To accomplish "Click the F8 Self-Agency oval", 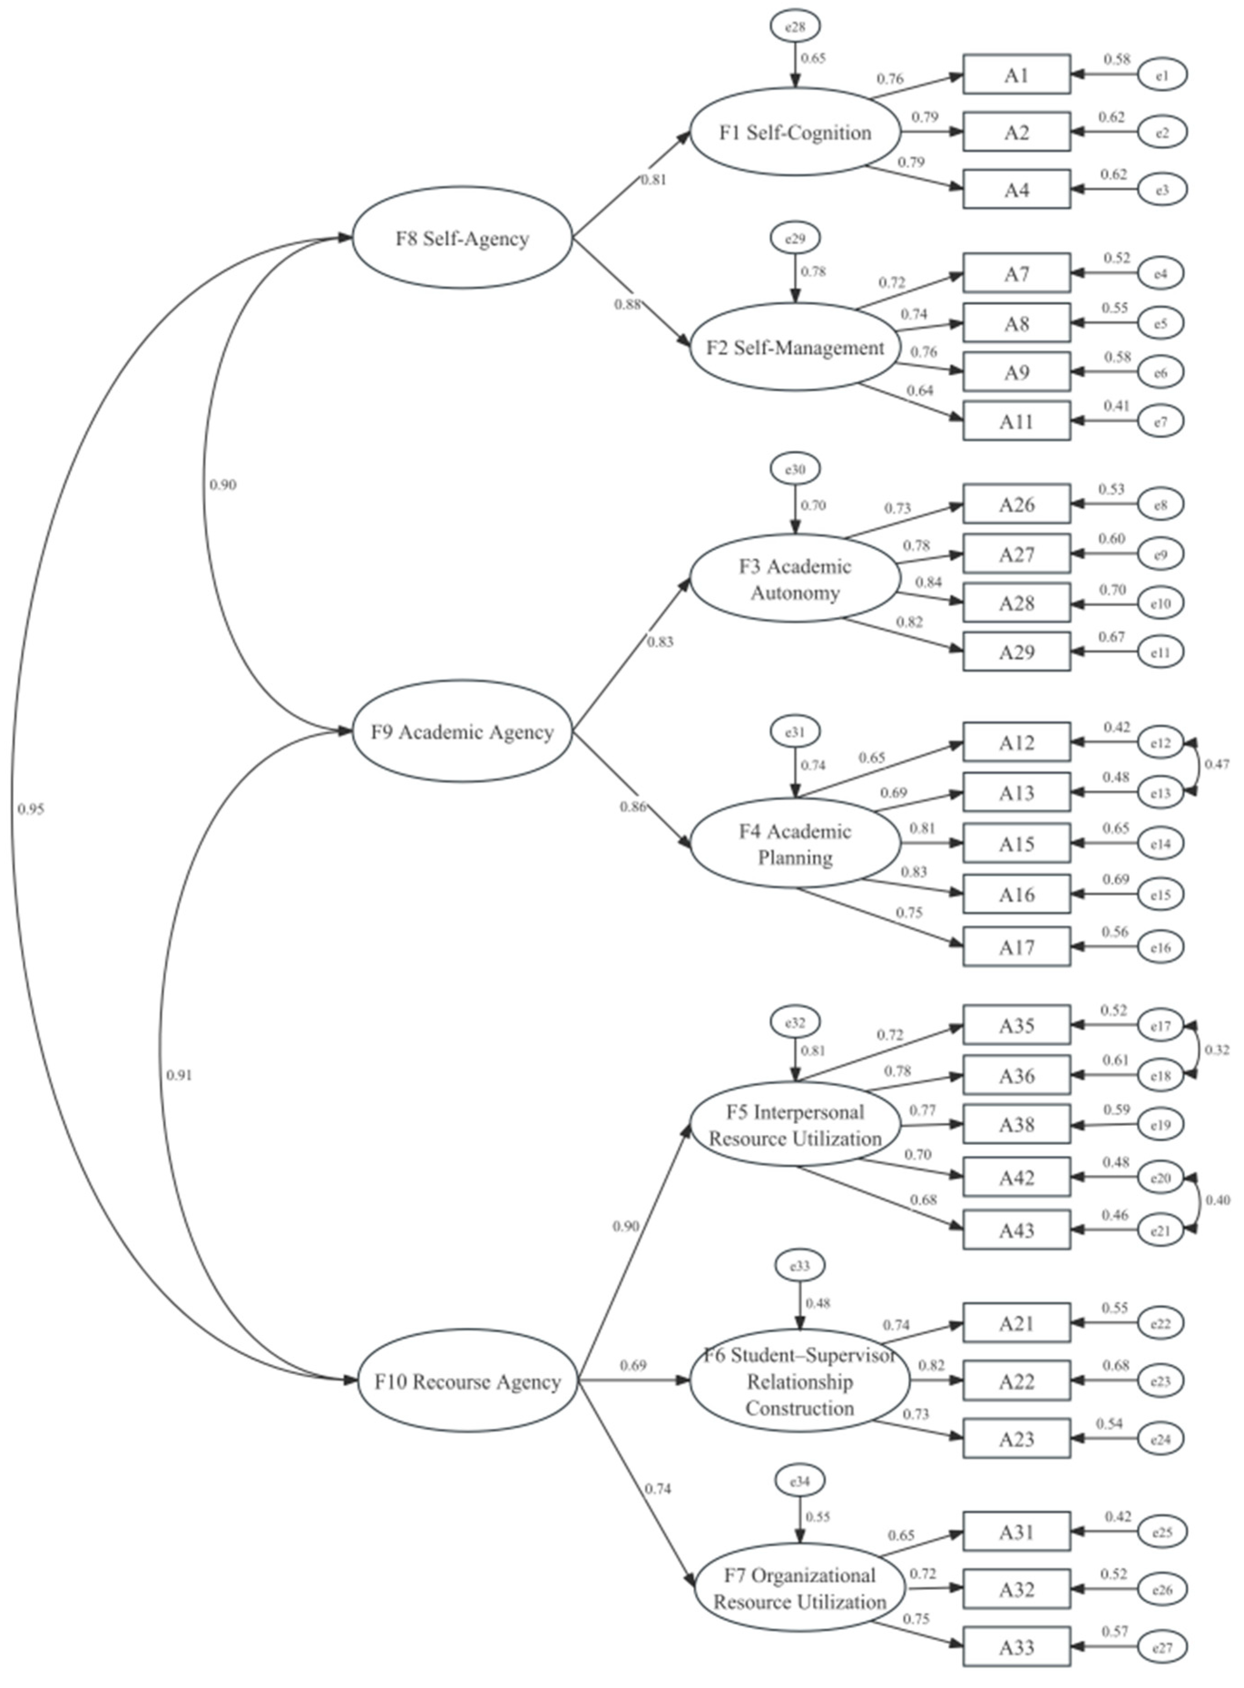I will point(462,238).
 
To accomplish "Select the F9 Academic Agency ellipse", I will point(462,731).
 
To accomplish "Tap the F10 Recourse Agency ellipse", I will point(467,1381).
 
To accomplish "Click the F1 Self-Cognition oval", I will point(795,132).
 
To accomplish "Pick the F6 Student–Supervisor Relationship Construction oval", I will point(800,1381).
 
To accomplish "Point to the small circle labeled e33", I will point(800,1266).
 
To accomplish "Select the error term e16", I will point(1161,947).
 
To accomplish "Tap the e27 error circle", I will point(1162,1647).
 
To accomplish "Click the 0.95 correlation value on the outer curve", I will point(31,810).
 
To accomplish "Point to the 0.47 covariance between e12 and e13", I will point(1217,764).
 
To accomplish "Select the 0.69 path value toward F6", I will point(633,1365).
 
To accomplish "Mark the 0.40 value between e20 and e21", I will point(1217,1200).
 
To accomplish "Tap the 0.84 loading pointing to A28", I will point(928,581).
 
